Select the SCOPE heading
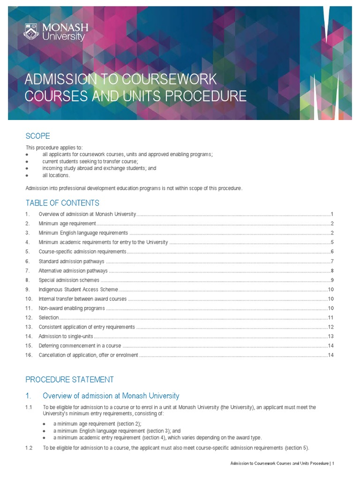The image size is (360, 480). [37, 136]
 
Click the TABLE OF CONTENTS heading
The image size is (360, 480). [62, 203]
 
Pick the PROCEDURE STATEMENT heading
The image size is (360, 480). [69, 379]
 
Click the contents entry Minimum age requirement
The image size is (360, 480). [67, 223]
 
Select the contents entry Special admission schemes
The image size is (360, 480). [69, 280]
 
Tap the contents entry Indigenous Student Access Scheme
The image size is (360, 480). [78, 289]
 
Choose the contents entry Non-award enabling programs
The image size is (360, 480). [72, 308]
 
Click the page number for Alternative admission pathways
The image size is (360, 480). [332, 270]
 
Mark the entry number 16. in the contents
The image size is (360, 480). [29, 355]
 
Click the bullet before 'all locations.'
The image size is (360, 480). [28, 175]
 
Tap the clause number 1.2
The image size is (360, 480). [29, 448]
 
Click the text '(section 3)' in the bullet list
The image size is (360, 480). [150, 431]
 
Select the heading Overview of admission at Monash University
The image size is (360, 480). [111, 396]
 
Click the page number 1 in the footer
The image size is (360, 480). [333, 464]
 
